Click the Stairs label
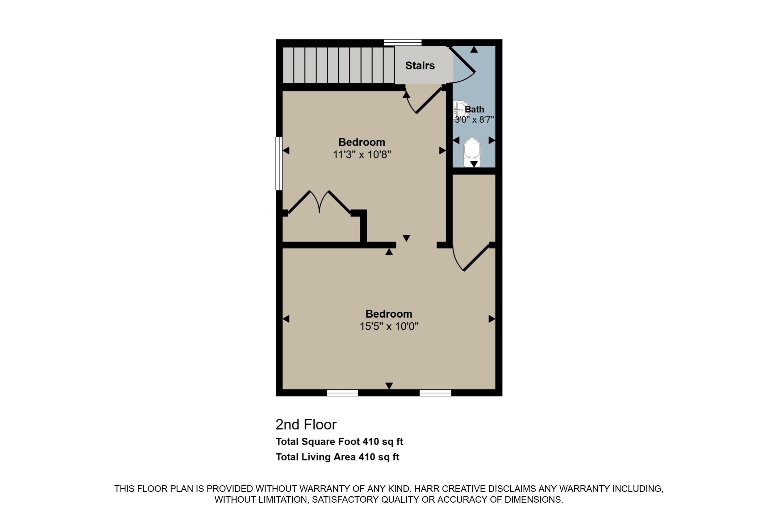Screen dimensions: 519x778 click(x=420, y=65)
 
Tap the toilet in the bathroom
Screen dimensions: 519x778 click(x=472, y=152)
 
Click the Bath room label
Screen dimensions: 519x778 click(x=474, y=109)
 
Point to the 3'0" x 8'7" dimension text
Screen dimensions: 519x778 click(x=474, y=120)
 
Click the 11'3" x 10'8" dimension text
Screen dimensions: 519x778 click(x=362, y=154)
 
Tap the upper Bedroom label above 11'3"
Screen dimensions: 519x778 click(x=362, y=142)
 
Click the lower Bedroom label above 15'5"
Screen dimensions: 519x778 click(x=389, y=314)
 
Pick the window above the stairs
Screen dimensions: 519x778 click(x=403, y=42)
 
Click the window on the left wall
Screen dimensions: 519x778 click(x=279, y=164)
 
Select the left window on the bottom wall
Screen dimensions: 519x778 click(x=342, y=393)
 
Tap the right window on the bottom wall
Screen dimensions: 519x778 click(x=435, y=393)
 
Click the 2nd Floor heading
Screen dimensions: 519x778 click(x=306, y=425)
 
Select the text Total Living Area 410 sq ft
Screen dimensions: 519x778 click(x=337, y=457)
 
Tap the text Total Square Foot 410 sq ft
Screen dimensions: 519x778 click(x=339, y=441)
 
